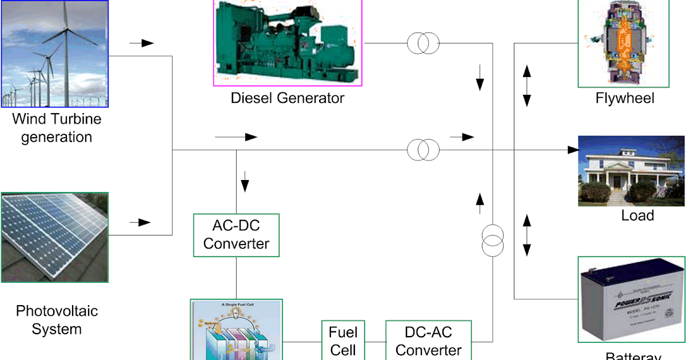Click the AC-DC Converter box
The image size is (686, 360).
click(x=237, y=235)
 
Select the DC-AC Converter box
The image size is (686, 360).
click(x=429, y=341)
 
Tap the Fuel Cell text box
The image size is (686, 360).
click(x=343, y=341)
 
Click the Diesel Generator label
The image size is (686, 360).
click(x=288, y=98)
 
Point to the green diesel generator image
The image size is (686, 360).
click(x=288, y=42)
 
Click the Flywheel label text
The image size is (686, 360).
click(x=625, y=98)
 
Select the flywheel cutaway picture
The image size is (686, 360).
click(x=623, y=43)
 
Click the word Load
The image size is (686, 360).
click(x=637, y=215)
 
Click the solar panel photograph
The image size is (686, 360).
click(x=54, y=237)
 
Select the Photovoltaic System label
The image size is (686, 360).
click(x=57, y=320)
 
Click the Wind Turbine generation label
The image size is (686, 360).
click(x=57, y=128)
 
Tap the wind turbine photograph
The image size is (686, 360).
click(x=54, y=54)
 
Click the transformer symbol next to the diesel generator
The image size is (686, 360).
click(x=423, y=43)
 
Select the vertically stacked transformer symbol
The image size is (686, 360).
click(x=492, y=241)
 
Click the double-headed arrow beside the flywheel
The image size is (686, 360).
click(x=527, y=85)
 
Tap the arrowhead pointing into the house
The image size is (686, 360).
click(x=573, y=150)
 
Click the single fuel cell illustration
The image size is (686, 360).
click(x=236, y=330)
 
